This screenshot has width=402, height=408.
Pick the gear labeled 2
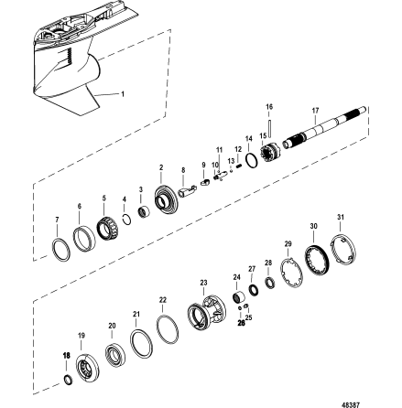tap(167, 198)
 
